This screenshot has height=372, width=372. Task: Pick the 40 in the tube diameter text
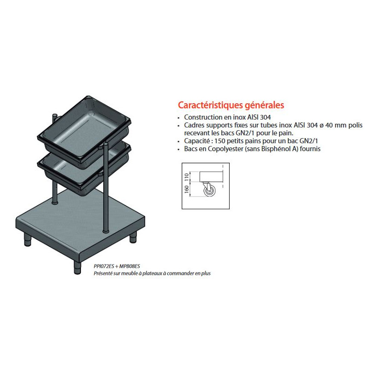pos(329,125)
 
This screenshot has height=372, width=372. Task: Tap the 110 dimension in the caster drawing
pos(186,177)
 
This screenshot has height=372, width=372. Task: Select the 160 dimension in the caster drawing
pos(186,189)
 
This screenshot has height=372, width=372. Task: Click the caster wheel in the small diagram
pos(210,191)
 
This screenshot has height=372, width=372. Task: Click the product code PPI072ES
pos(104,266)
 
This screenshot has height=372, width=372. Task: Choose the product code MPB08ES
pos(130,266)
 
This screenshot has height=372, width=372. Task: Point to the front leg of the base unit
pos(77,267)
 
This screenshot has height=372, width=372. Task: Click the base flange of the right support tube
pos(106,231)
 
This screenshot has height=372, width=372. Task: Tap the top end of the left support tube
pos(55,116)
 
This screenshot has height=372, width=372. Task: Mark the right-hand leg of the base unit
pos(133,237)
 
